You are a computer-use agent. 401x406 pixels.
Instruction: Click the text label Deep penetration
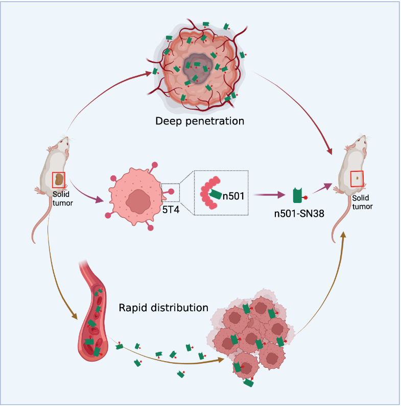(x=200, y=121)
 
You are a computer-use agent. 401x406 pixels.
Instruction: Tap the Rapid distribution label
(x=163, y=308)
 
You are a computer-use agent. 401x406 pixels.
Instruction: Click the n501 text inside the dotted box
(x=233, y=194)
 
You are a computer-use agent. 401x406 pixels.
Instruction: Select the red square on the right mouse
(x=357, y=179)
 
